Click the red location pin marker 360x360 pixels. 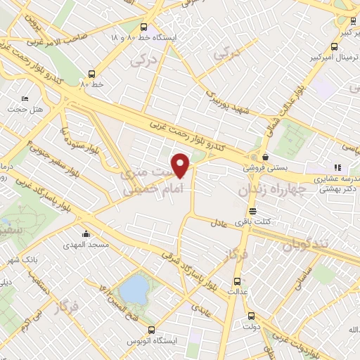(x=181, y=165)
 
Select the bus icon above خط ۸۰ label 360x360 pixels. (x=92, y=73)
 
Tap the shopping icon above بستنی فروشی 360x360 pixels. (x=265, y=157)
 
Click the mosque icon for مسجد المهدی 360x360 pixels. (x=86, y=233)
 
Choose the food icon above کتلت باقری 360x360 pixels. (x=252, y=211)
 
